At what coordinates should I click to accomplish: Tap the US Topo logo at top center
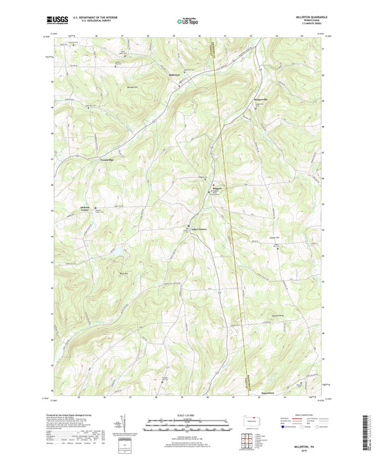[x=187, y=22]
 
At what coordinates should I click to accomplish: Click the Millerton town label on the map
[x=175, y=74]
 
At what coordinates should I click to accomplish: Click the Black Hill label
[x=123, y=273]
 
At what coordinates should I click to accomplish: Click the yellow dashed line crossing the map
[x=228, y=212]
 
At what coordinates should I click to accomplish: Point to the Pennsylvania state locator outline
[x=253, y=423]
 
